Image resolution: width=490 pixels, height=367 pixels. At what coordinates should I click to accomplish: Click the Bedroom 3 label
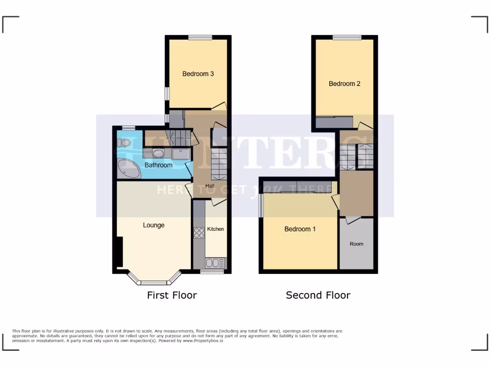click(x=198, y=74)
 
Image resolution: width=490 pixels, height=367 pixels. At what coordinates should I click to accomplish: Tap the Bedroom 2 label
click(x=345, y=84)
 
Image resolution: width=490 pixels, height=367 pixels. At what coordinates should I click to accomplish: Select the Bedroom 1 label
click(x=300, y=229)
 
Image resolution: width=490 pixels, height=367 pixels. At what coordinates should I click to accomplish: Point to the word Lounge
click(x=154, y=225)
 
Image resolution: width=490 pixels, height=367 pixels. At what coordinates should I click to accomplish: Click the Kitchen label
click(x=215, y=229)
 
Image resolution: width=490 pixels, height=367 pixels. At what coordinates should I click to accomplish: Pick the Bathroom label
click(x=158, y=165)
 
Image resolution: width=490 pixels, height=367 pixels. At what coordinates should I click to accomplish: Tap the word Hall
click(x=210, y=186)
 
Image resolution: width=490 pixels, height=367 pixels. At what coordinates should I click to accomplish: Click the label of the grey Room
click(x=356, y=244)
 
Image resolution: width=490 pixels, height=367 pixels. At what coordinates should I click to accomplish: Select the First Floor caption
click(x=172, y=295)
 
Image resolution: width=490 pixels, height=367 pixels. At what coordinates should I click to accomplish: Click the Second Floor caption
click(x=318, y=295)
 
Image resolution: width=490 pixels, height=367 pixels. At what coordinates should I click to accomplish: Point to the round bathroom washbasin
click(x=158, y=153)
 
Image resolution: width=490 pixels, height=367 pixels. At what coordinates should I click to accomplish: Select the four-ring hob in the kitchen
click(x=199, y=233)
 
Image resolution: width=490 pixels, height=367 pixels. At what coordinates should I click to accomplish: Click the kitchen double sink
click(x=215, y=262)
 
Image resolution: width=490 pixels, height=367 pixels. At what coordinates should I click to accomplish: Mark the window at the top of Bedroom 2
click(x=347, y=37)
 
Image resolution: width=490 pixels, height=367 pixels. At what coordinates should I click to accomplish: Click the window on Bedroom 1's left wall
click(x=261, y=206)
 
